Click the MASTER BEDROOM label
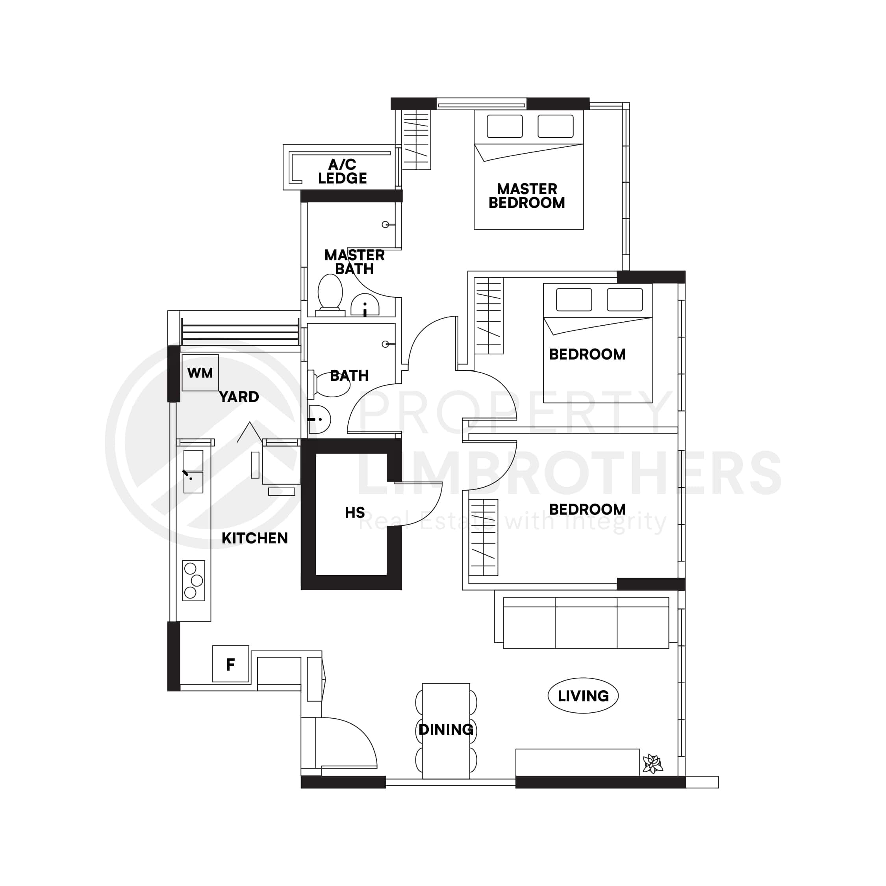click(526, 196)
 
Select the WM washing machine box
click(200, 373)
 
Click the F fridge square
click(230, 664)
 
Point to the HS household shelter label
click(354, 512)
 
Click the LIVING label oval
click(583, 696)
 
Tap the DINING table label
click(446, 729)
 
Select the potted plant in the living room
click(652, 764)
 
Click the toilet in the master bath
click(330, 293)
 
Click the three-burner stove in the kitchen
click(193, 580)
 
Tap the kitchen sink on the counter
click(193, 471)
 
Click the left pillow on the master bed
click(504, 126)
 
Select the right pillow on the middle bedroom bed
click(625, 299)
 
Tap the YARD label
click(239, 397)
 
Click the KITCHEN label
click(254, 538)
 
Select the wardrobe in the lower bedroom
click(483, 537)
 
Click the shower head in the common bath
click(386, 345)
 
